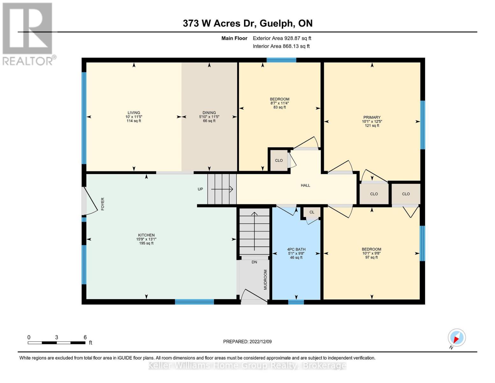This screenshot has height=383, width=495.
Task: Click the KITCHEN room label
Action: [146, 235]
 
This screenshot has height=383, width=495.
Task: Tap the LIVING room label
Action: [134, 113]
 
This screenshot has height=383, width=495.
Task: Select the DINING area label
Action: [209, 113]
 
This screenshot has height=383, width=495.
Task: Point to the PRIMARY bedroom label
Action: [372, 117]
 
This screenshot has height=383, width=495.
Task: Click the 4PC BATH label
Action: [296, 250]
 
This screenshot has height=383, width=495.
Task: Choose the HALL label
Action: [305, 185]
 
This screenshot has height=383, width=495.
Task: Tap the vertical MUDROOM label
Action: [265, 280]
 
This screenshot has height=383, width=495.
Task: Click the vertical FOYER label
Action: [103, 204]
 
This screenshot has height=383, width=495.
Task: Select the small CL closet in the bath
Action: [312, 212]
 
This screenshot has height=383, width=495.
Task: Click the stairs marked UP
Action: [222, 189]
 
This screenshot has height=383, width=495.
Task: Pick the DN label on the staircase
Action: [254, 262]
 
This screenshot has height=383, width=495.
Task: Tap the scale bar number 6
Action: [85, 337]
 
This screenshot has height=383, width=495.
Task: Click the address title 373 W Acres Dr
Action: [247, 23]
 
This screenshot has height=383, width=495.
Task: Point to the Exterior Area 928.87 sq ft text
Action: [282, 38]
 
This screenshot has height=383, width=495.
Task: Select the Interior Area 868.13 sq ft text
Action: [281, 46]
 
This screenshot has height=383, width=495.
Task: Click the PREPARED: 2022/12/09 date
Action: [247, 342]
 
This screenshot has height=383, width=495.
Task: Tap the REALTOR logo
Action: [28, 34]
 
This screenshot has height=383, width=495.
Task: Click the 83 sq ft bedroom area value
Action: [280, 108]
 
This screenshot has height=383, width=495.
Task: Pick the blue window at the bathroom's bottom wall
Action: [296, 302]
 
